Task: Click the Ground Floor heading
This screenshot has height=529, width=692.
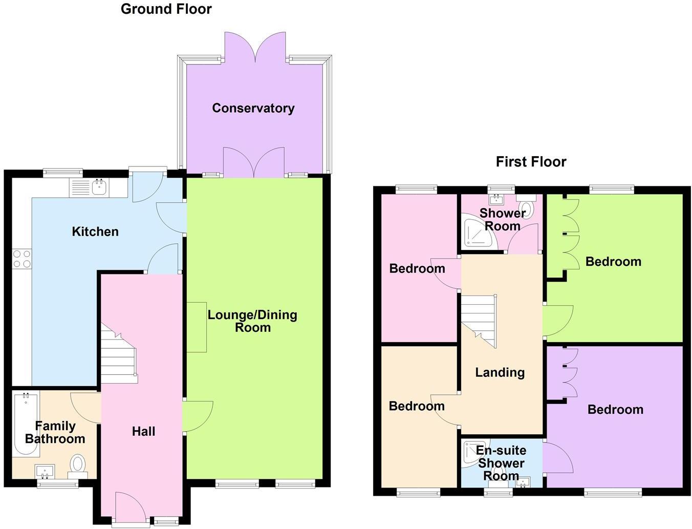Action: point(166,9)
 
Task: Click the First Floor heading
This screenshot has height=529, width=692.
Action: point(531,162)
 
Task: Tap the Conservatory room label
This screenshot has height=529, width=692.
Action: point(253,108)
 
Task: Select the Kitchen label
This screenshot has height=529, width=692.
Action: point(95,231)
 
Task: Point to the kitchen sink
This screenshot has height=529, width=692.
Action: point(99,188)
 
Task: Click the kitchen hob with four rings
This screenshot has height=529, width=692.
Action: point(21,259)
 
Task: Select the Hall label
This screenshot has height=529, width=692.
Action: point(143,432)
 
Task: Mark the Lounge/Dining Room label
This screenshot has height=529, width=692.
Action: point(252,321)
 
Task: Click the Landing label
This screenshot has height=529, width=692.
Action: point(500,372)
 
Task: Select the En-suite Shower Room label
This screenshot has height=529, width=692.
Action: point(501,463)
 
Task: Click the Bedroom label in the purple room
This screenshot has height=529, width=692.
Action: point(615,409)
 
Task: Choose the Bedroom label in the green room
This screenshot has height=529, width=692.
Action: point(613,262)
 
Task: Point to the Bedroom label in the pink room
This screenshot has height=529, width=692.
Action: point(417,268)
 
